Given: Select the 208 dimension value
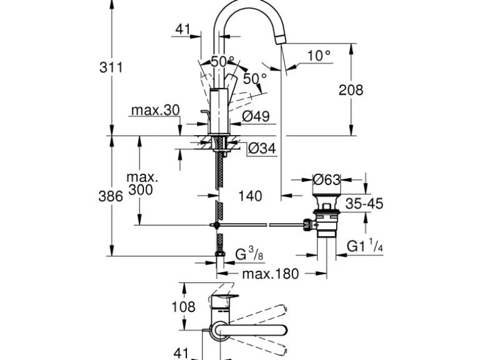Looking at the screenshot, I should click(x=350, y=90).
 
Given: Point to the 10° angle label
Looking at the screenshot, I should click(x=319, y=55).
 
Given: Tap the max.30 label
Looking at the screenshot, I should click(x=155, y=110).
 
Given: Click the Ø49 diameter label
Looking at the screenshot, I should click(x=255, y=115).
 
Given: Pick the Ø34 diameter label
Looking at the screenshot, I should click(x=261, y=149).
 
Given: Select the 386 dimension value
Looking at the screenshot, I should click(x=111, y=196).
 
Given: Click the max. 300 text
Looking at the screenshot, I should click(x=142, y=184).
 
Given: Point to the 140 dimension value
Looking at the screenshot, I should click(x=250, y=196).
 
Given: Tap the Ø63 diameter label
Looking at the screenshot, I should click(x=327, y=180).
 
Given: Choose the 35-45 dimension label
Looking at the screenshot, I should click(x=365, y=204).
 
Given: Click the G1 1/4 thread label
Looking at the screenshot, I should click(x=365, y=247).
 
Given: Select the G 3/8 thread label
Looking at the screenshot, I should click(x=244, y=253).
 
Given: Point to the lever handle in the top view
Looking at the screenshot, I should click(x=249, y=329).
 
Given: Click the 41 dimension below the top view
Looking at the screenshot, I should click(x=181, y=353).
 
